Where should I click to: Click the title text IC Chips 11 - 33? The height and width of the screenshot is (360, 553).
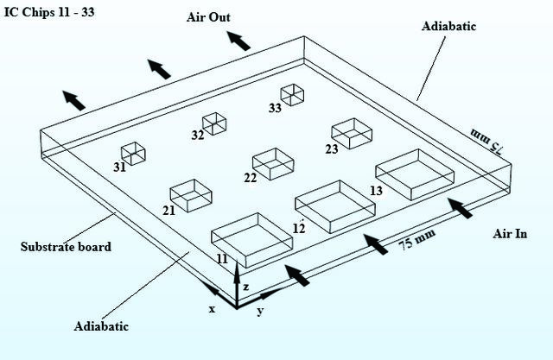(49, 12)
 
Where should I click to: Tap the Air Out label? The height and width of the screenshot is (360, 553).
(208, 17)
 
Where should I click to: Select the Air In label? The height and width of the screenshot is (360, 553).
(510, 234)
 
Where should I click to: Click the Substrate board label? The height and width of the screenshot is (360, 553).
(66, 247)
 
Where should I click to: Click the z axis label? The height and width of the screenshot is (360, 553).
(245, 287)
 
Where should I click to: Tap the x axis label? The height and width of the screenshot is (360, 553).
(212, 309)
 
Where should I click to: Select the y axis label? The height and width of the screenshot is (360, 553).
(260, 311)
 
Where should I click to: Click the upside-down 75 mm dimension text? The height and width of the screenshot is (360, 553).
(487, 141)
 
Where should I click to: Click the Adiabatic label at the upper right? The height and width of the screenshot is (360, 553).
(448, 26)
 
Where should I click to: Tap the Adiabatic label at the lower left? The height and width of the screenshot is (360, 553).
(101, 326)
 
